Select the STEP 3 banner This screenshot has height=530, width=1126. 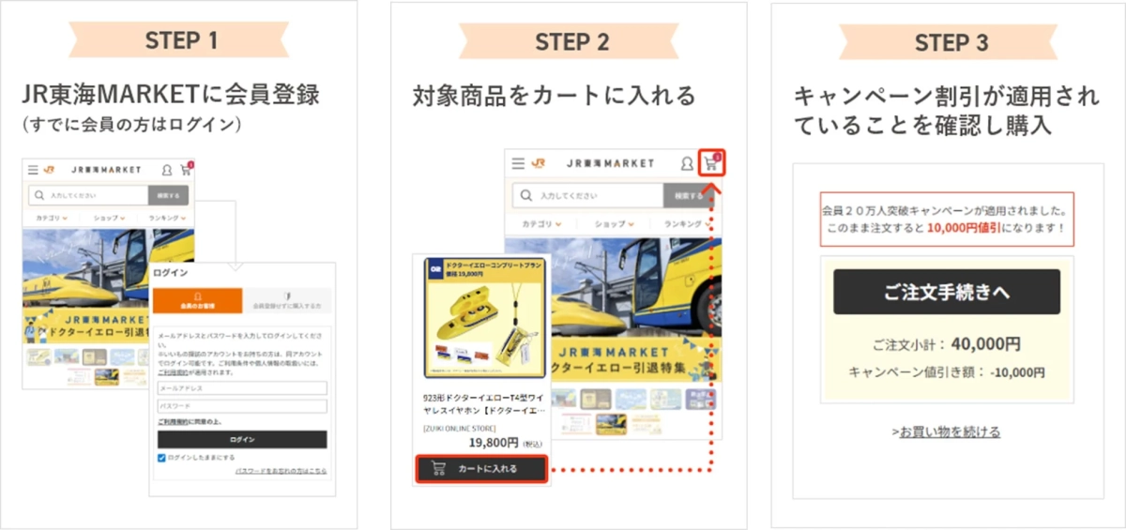951,42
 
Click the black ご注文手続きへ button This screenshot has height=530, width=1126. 946,292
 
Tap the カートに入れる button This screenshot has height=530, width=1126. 480,468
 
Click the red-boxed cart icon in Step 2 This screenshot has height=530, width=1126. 712,162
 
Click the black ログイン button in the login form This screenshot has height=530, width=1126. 242,439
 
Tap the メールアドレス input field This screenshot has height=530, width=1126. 242,388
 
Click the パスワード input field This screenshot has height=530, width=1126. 242,406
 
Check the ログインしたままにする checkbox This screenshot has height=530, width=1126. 162,457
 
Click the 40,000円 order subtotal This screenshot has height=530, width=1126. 985,343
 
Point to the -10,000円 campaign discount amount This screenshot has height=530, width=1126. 1017,372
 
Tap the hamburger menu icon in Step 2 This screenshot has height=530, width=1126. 518,163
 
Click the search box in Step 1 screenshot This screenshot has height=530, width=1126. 89,195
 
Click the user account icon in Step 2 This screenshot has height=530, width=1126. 687,163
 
